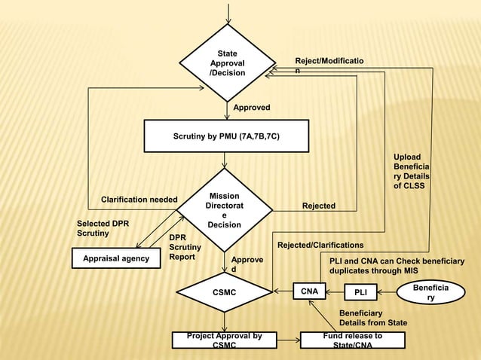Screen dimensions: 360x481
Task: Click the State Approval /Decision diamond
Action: [x=226, y=63]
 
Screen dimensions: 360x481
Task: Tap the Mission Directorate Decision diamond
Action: [x=224, y=210]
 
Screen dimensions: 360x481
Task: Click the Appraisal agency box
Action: [x=111, y=259]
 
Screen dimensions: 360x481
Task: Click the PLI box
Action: [x=360, y=291]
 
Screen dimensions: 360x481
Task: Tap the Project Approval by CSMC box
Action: [x=224, y=340]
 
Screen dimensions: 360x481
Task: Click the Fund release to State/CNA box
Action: [x=352, y=340]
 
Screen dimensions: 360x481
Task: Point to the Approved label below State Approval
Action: [x=251, y=108]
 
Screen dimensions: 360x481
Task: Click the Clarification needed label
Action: [x=139, y=200]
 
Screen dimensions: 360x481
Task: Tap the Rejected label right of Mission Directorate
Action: [x=318, y=206]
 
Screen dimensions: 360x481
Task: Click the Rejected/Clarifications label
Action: [x=320, y=246]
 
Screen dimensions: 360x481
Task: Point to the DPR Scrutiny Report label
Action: [x=185, y=247]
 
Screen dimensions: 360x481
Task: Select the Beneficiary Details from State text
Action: [x=372, y=317]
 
